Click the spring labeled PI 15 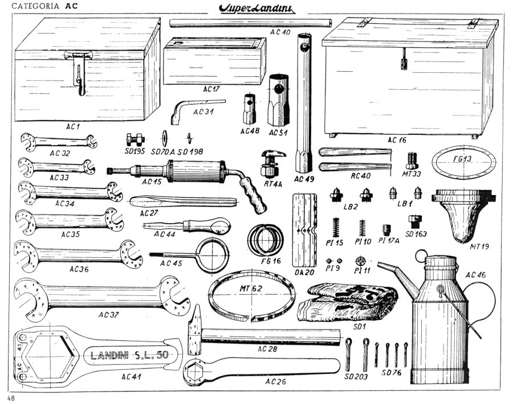tap(336, 228)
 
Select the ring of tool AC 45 tap(209, 250)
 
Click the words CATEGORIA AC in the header tap(40, 7)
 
